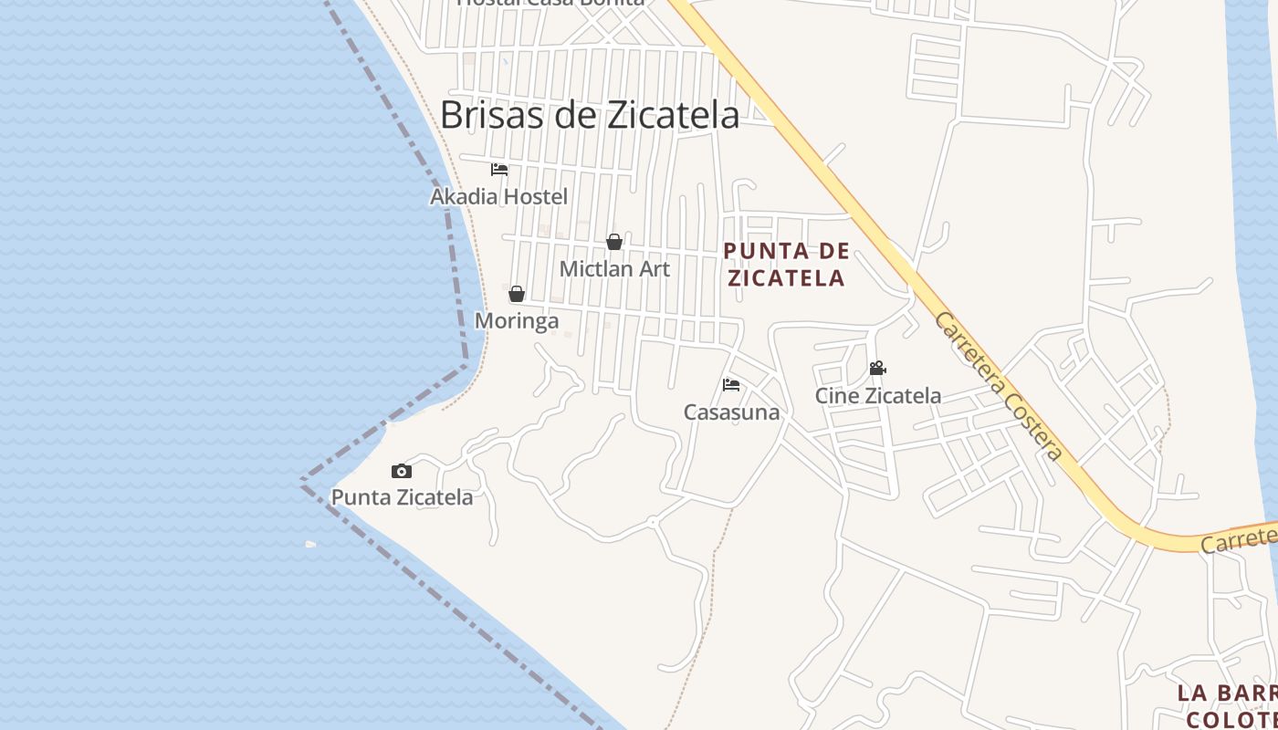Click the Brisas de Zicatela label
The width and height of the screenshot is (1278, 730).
pyautogui.click(x=590, y=115)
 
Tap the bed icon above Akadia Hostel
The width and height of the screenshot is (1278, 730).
pyautogui.click(x=499, y=170)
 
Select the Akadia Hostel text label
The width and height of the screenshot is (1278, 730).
pyautogui.click(x=499, y=197)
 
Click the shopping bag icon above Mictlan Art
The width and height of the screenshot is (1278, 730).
pyautogui.click(x=614, y=242)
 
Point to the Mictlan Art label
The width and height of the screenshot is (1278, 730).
pyautogui.click(x=614, y=269)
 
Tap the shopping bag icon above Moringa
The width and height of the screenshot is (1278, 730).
pyautogui.click(x=517, y=294)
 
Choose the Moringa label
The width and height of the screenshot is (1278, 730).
pyautogui.click(x=517, y=321)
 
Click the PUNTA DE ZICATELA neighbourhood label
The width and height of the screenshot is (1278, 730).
pyautogui.click(x=787, y=265)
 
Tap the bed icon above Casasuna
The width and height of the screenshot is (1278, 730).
pyautogui.click(x=731, y=385)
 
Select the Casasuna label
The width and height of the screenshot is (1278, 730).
pyautogui.click(x=732, y=412)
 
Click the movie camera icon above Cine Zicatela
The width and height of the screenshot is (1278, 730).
pyautogui.click(x=877, y=369)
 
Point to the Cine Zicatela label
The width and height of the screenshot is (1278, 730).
pyautogui.click(x=878, y=396)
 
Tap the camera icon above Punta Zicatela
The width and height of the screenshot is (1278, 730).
pyautogui.click(x=402, y=472)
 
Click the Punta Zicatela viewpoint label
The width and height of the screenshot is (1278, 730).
pyautogui.click(x=402, y=497)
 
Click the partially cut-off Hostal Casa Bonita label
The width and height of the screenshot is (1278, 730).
pyautogui.click(x=550, y=3)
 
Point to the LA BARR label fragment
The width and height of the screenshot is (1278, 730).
pyautogui.click(x=1226, y=693)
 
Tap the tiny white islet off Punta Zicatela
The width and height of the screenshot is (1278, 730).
pyautogui.click(x=310, y=545)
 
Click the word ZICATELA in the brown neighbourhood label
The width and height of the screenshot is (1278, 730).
pyautogui.click(x=787, y=277)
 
